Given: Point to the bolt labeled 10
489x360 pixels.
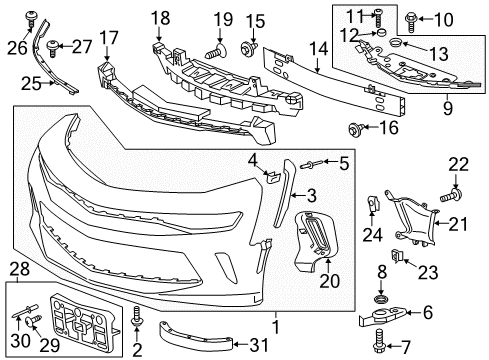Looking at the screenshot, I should [414, 18].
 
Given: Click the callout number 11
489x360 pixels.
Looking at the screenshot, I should [380, 14].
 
